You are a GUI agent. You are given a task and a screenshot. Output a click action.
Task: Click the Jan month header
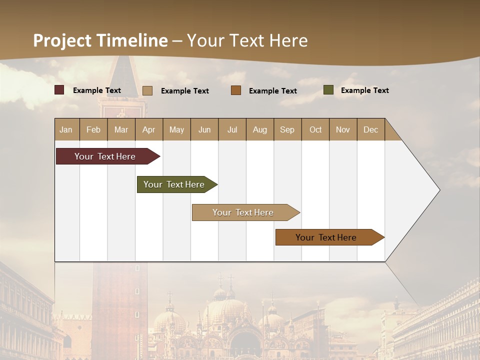(66, 129)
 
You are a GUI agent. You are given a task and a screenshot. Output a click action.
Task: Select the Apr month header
(148, 129)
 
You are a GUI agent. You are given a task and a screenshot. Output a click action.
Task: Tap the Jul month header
(232, 129)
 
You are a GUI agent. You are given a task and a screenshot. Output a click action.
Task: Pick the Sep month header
(287, 129)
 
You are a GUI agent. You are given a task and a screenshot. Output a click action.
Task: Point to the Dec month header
(370, 129)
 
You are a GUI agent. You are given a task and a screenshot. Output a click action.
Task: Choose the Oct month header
(315, 129)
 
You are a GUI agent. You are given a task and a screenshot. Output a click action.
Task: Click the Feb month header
(93, 129)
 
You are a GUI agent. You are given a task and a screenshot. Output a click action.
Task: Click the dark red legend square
(59, 90)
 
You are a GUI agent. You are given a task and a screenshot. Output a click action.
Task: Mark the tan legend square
(147, 90)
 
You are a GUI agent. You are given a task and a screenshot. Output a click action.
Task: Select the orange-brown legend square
(236, 90)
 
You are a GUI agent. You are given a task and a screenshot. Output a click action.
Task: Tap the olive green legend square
(328, 90)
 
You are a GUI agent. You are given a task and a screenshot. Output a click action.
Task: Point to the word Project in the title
(62, 40)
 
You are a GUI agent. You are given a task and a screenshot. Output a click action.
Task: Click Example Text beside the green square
(364, 90)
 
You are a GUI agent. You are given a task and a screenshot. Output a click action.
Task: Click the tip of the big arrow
(438, 190)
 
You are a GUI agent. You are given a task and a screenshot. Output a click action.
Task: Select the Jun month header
(204, 129)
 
